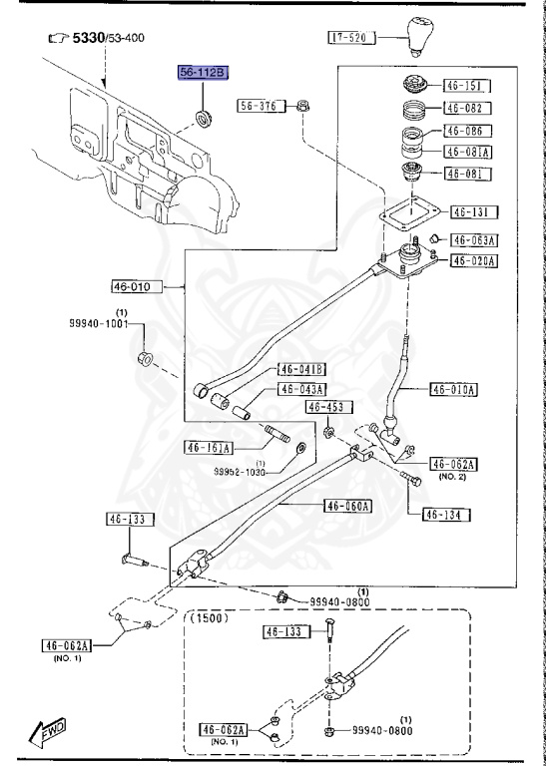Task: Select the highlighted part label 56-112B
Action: (x=203, y=73)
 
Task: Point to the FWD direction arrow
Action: (x=47, y=736)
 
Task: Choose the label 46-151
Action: (x=464, y=87)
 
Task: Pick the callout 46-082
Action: (x=464, y=109)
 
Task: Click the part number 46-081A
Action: (x=467, y=153)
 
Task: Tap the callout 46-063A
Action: (x=474, y=239)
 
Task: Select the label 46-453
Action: (x=325, y=407)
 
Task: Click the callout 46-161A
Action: (x=208, y=447)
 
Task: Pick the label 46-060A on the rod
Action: (x=346, y=506)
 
